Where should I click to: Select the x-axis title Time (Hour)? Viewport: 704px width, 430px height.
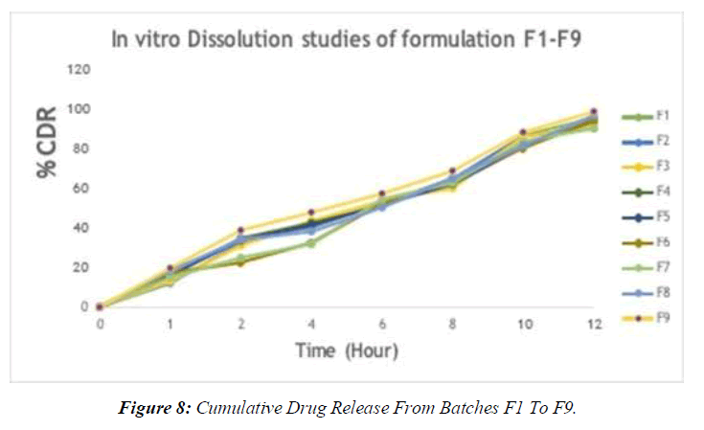pyautogui.click(x=346, y=351)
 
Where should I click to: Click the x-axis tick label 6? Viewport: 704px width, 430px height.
pyautogui.click(x=381, y=325)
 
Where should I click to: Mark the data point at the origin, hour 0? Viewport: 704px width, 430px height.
pyautogui.click(x=100, y=306)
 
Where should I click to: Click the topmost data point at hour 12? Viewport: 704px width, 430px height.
pyautogui.click(x=594, y=112)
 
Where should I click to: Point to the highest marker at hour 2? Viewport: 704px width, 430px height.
pyautogui.click(x=240, y=230)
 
